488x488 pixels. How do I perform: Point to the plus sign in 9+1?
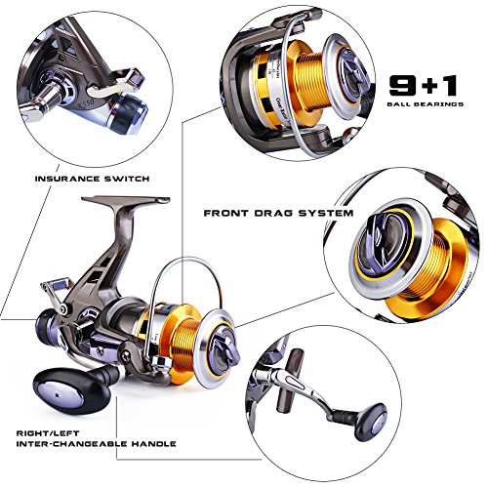click(x=424, y=85)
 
